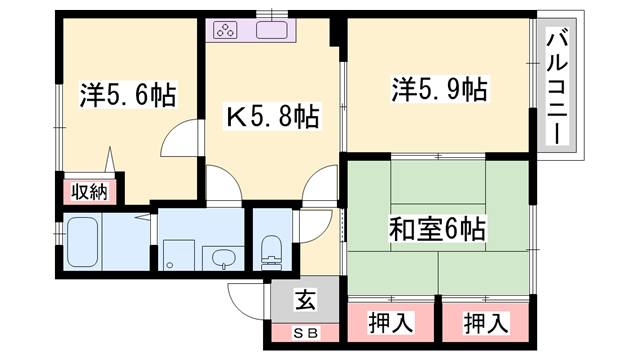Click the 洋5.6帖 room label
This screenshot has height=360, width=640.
click(x=128, y=96)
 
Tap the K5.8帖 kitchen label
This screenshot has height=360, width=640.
click(x=271, y=118)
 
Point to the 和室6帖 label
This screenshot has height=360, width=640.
click(x=438, y=230)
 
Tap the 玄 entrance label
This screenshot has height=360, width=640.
click(x=302, y=299)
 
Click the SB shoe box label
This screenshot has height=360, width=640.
click(x=301, y=331)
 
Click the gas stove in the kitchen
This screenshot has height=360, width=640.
click(x=227, y=30)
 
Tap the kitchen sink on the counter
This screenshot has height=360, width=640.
click(x=272, y=30)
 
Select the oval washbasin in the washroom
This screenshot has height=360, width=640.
click(x=222, y=259)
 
